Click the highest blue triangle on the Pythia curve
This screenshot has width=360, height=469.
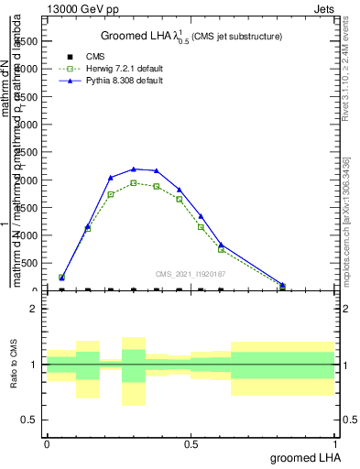134,169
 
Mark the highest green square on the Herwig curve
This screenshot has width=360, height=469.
134,182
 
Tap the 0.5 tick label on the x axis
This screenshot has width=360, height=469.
191,443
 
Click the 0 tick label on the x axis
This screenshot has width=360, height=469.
47,443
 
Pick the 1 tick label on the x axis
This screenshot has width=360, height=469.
334,443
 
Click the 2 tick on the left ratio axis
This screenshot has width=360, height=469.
35,309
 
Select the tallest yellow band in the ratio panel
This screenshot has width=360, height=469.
134,371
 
